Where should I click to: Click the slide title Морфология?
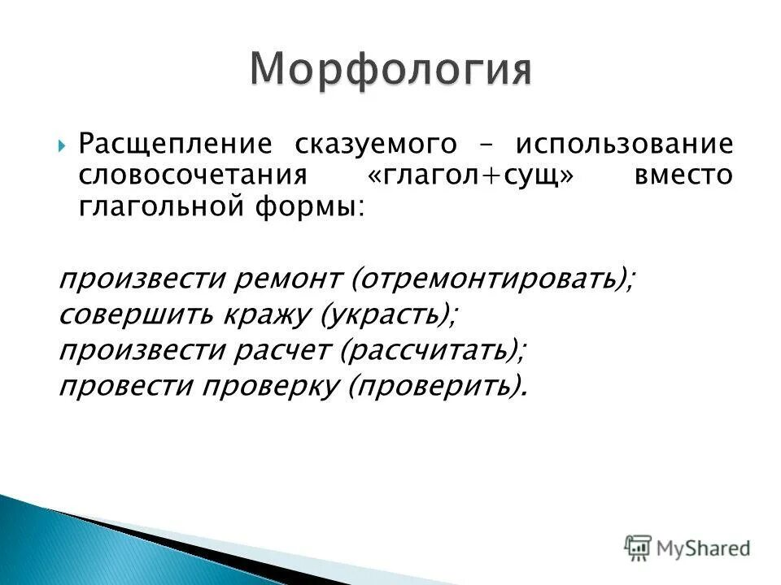pyautogui.click(x=390, y=69)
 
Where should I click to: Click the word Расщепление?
pyautogui.click(x=175, y=145)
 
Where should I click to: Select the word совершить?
pyautogui.click(x=123, y=314)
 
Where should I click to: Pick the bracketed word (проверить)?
pyautogui.click(x=435, y=386)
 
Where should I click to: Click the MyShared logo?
pyautogui.click(x=687, y=548)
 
